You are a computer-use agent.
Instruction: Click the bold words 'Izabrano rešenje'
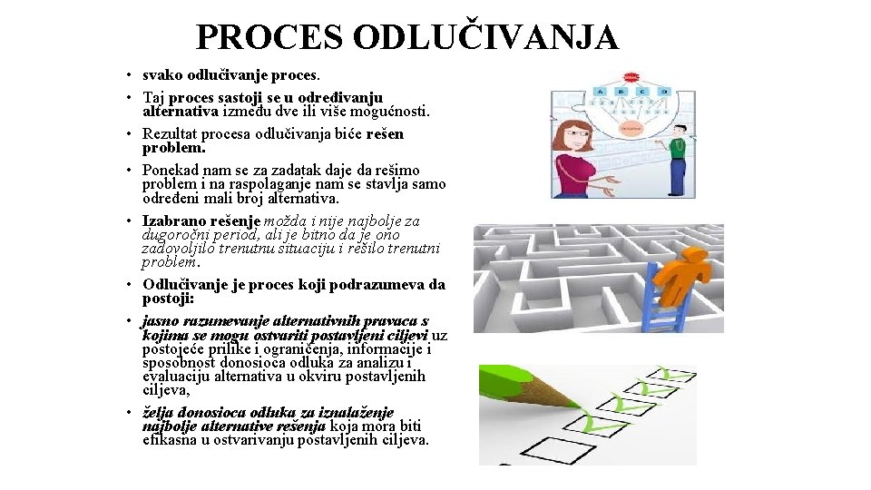201,220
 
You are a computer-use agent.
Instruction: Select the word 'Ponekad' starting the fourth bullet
169,170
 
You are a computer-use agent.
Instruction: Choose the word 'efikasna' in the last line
169,439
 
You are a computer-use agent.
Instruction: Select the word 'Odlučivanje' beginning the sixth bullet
184,285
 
